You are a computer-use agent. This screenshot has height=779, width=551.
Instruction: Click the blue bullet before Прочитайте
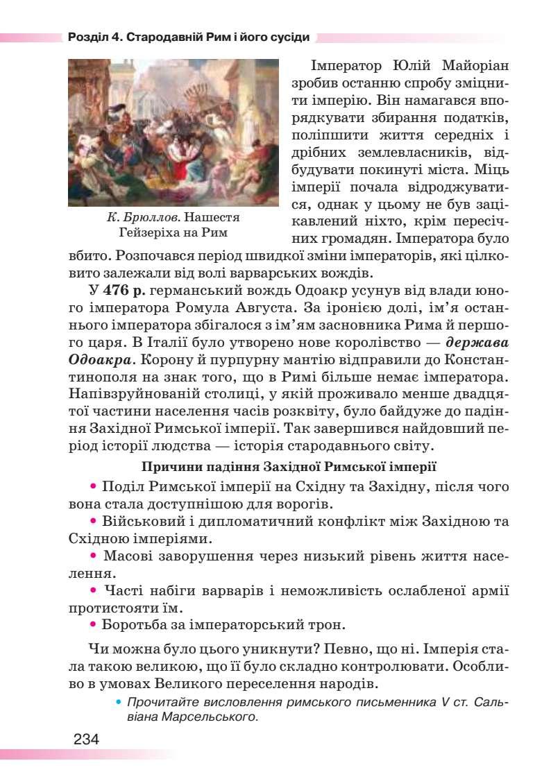[119, 701]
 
